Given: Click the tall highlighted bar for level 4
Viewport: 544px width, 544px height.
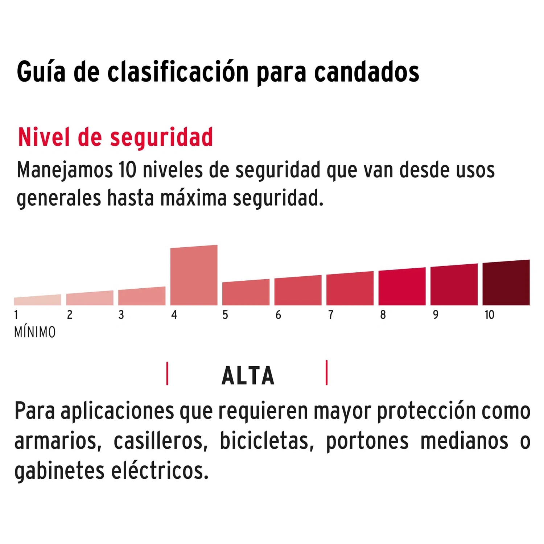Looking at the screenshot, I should click(194, 275).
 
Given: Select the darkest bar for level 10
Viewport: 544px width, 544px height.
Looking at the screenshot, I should click(506, 283).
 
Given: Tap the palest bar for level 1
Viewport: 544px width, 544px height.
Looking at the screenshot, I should click(37, 300).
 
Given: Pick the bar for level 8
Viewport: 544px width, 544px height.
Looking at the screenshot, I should click(402, 287).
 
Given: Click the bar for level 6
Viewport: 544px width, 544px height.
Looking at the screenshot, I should click(298, 290).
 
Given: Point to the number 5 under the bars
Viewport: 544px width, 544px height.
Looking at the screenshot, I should click(225, 315).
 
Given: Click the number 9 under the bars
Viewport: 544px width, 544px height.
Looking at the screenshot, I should click(436, 315).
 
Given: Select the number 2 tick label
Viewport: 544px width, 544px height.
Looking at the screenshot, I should click(70, 315).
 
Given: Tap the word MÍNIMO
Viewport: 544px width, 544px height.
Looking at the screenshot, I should click(35, 332).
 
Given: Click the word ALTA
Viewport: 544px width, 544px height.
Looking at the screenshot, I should click(248, 376).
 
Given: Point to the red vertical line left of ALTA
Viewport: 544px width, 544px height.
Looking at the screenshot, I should click(167, 373).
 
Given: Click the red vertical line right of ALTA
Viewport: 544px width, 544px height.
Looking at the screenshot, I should click(327, 372).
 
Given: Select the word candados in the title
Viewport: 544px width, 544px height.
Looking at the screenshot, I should click(366, 72).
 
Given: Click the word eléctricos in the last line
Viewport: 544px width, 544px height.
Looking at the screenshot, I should click(160, 471).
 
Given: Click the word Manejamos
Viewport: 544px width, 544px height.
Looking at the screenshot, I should click(65, 170).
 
